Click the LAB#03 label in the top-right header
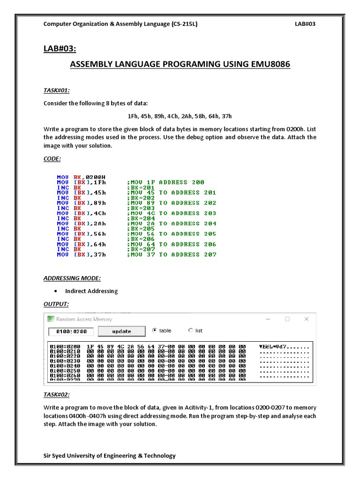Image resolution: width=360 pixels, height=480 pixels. pyautogui.click(x=305, y=24)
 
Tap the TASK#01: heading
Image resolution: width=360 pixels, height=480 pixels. pyautogui.click(x=57, y=90)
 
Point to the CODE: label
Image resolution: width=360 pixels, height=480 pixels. pyautogui.click(x=52, y=159)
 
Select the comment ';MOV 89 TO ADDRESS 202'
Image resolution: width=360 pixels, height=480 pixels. pyautogui.click(x=172, y=203)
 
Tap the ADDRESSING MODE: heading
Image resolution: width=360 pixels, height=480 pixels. pyautogui.click(x=72, y=278)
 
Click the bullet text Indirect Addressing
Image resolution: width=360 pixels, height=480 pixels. pyautogui.click(x=91, y=291)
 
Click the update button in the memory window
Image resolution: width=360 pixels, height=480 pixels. pyautogui.click(x=121, y=331)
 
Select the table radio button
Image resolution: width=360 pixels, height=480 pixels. pyautogui.click(x=155, y=330)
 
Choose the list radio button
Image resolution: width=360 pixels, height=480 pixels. pyautogui.click(x=190, y=330)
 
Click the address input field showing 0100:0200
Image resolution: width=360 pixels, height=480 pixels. pyautogui.click(x=71, y=332)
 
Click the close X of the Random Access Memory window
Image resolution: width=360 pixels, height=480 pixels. pyautogui.click(x=307, y=319)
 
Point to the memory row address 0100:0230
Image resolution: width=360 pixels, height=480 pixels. pyautogui.click(x=64, y=361)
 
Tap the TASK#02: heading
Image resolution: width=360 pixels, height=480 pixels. pyautogui.click(x=57, y=395)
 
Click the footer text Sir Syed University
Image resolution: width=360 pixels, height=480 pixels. pyautogui.click(x=110, y=456)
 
